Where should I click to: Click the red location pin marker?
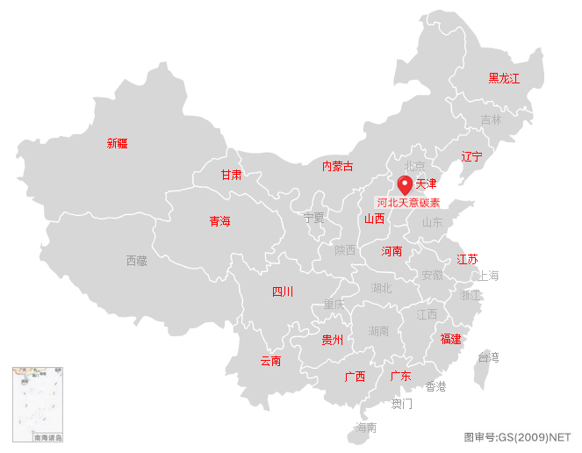pos(405,184)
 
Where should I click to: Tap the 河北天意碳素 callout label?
pos(408,203)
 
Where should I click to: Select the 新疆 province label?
pos(117,143)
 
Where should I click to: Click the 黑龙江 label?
pos(504,78)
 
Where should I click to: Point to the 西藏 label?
pos(136,261)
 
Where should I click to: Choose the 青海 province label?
pos(219,221)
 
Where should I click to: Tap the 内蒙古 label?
pos(337,166)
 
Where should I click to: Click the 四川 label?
pos(283,291)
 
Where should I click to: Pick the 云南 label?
pos(270,361)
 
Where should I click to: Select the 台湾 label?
pos(487,357)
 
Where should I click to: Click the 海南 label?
pos(366,428)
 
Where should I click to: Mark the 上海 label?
pos(487,276)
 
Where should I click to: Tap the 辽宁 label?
pos(471,157)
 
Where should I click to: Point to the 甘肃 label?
pos(231,175)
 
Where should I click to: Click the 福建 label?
pos(450,338)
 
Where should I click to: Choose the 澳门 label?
pos(401,404)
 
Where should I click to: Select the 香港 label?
pos(435,386)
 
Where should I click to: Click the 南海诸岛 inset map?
pos(38,405)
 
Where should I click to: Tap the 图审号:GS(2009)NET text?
pos(517,436)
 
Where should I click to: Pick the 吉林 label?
pos(491,119)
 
